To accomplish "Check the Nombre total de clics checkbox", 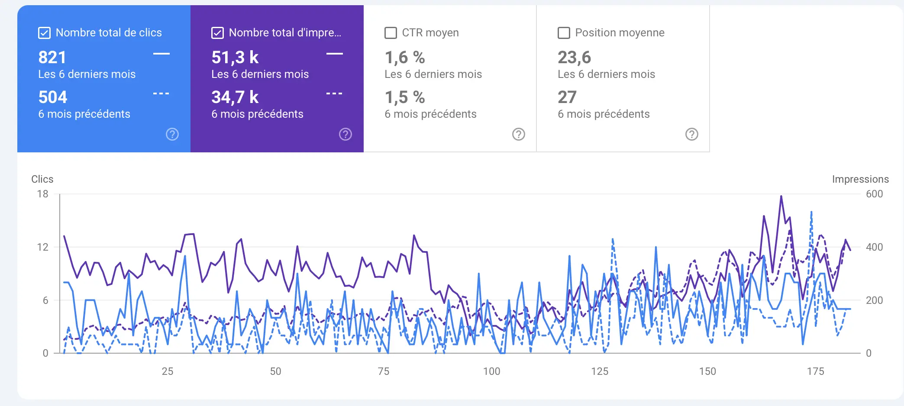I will coord(44,33).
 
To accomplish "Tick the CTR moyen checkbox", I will coord(391,33).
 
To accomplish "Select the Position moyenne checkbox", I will coord(564,33).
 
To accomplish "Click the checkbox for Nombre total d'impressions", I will coord(217,33).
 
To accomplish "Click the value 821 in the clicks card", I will coord(52,57).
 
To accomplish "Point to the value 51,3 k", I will coord(235,57).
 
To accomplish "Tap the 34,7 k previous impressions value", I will coord(235,97).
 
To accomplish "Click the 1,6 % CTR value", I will coord(405,57).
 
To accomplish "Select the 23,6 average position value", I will coord(574,57).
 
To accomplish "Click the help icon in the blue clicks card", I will coord(172,134).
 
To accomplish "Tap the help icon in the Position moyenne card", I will coord(691,134).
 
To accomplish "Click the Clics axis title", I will coord(42,179).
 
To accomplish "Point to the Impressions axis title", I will coord(860,179).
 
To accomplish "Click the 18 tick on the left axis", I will coord(42,194).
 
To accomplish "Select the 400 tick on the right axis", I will coord(874,247).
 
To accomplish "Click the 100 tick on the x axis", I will coord(491,371).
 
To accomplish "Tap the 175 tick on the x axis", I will coord(815,371).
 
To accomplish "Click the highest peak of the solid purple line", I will coord(781,197).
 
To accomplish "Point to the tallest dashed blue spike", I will coord(811,212).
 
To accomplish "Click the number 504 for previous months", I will coord(53,97).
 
